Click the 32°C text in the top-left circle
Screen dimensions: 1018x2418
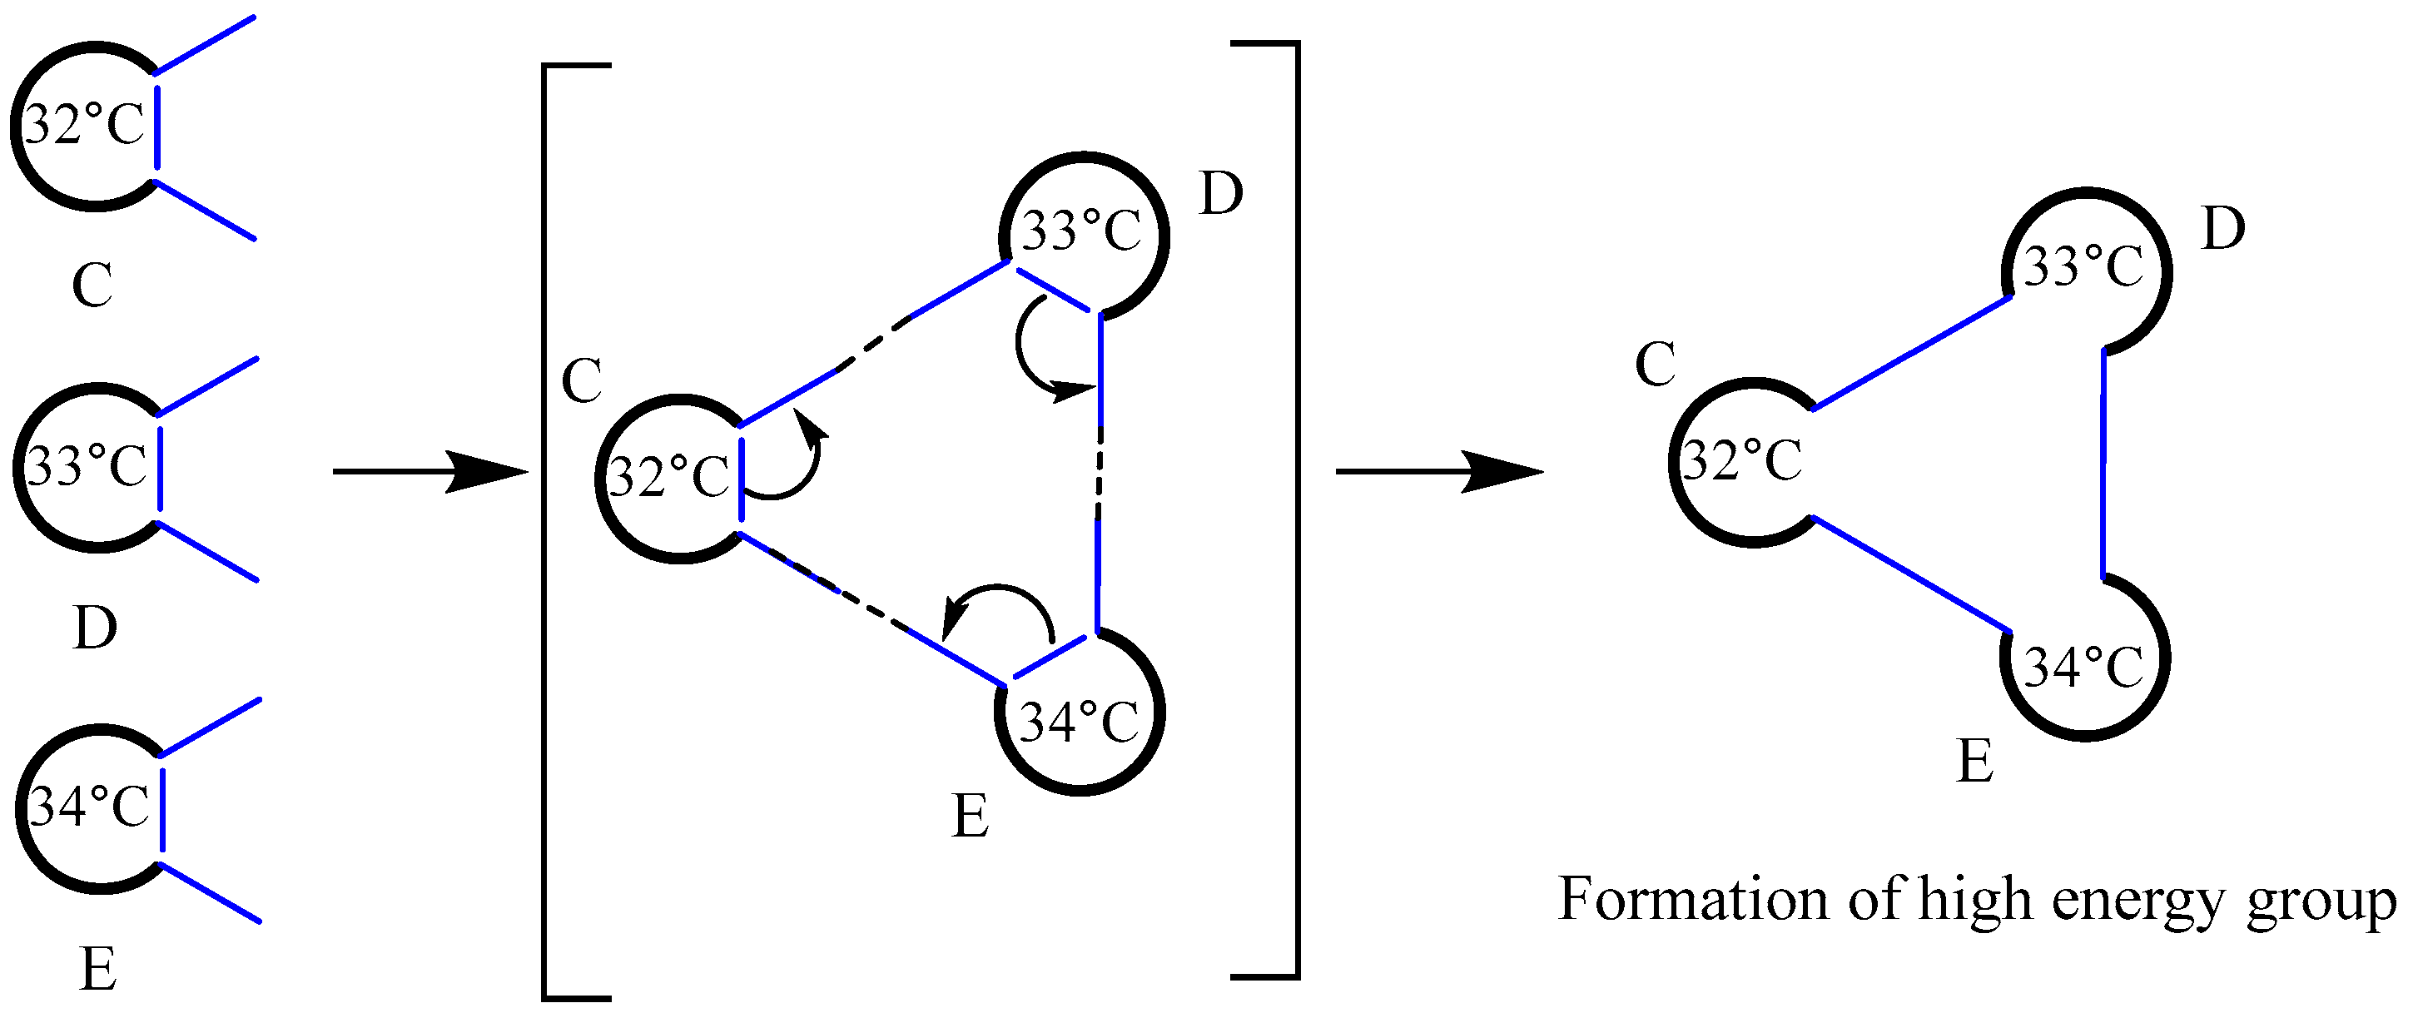pos(84,125)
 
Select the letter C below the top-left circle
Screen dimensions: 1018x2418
pos(92,286)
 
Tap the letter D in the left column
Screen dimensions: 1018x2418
pos(95,628)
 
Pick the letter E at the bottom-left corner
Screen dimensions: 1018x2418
pos(98,969)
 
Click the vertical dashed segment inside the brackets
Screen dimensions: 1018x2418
pos(1100,474)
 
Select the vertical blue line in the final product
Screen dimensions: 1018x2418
pos(2103,464)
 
